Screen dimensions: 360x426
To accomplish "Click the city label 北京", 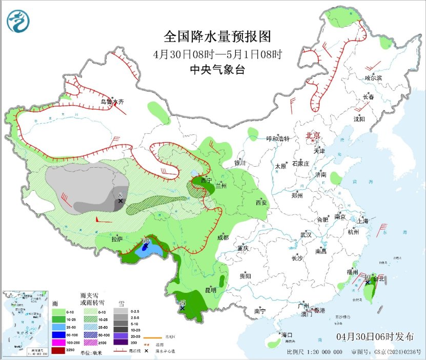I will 313,135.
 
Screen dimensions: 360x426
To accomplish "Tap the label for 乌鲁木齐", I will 112,102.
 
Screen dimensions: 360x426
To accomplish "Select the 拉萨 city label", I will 117,239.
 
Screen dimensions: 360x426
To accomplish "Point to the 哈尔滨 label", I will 373,78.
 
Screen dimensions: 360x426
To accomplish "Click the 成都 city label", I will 222,237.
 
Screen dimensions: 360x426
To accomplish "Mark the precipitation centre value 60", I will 146,240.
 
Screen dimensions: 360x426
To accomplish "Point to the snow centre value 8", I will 120,195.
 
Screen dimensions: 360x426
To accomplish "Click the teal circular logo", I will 18,21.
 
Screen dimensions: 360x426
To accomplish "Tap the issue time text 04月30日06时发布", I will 376,337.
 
